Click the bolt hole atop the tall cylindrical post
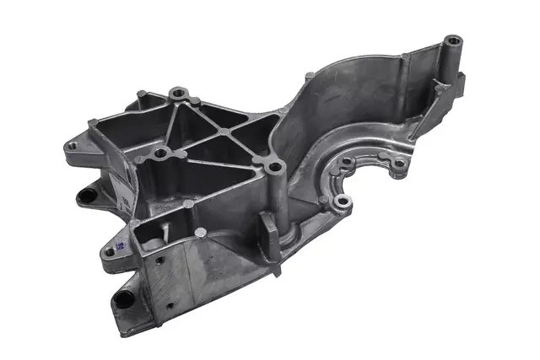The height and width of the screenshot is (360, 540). (453, 40)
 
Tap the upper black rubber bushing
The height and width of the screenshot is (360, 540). (86, 196)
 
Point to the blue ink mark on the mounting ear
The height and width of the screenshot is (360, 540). (118, 244)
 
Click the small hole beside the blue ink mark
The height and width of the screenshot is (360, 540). (109, 251)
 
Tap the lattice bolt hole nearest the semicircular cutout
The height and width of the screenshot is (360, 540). (274, 169)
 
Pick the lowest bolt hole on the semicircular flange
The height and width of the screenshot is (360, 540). (343, 202)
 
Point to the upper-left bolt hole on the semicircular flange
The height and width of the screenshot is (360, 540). (347, 160)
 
